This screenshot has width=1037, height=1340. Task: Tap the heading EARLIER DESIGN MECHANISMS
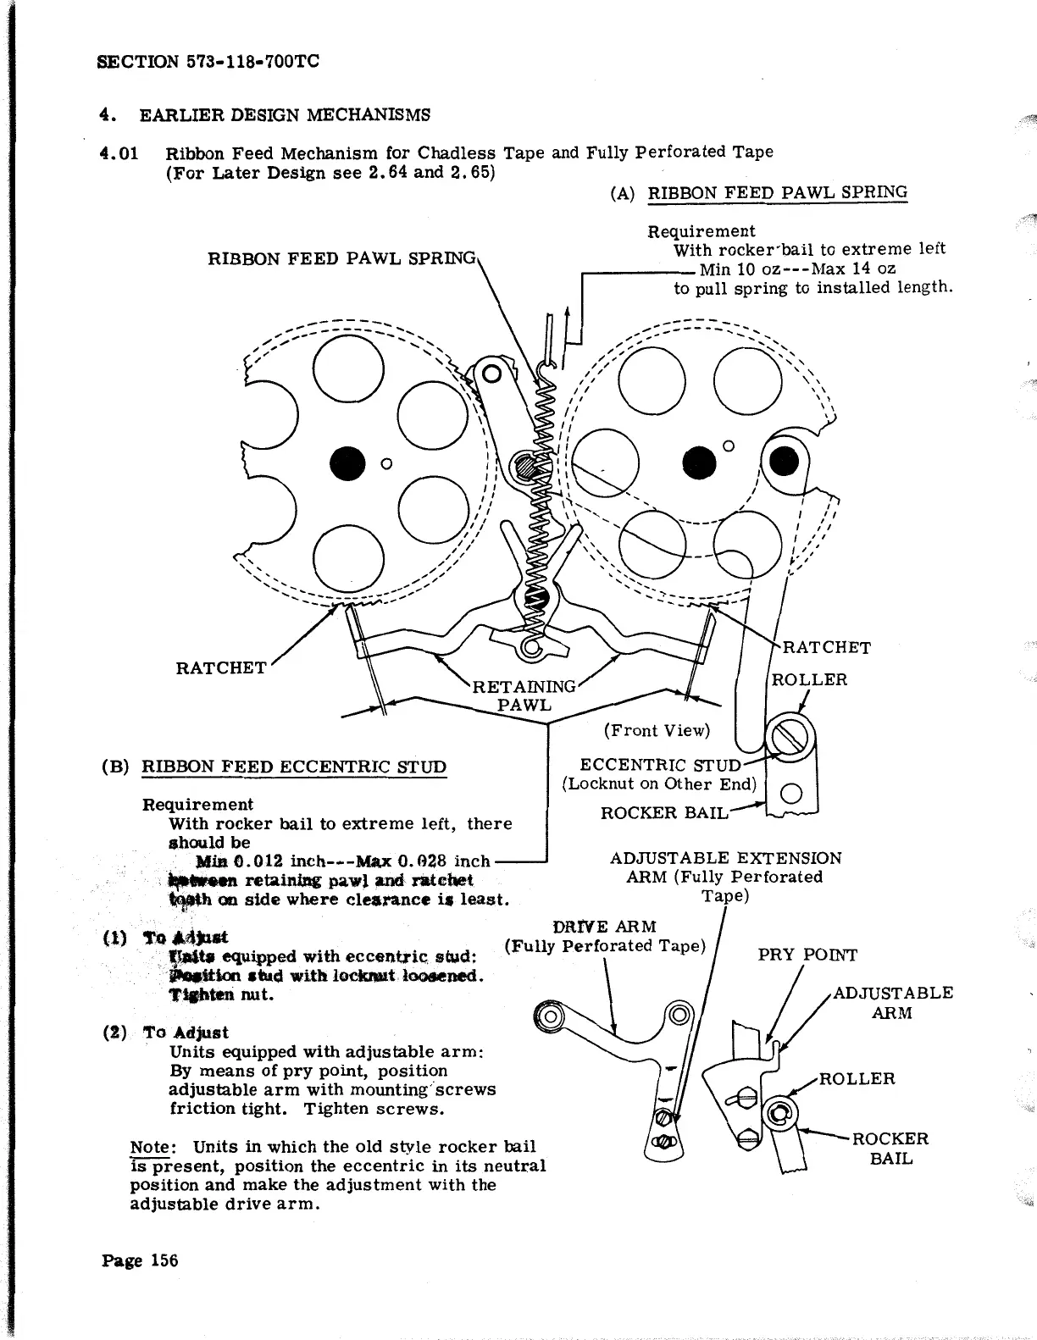[285, 114]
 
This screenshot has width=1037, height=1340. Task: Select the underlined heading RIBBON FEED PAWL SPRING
[777, 192]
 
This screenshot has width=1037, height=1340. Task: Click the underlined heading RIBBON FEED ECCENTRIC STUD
[293, 767]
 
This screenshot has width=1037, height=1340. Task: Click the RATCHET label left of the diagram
[220, 667]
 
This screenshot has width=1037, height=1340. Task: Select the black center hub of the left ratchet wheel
[347, 462]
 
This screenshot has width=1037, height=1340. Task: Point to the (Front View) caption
[657, 730]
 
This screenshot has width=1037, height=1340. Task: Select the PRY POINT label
[807, 955]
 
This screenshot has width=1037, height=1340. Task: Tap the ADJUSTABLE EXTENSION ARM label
[725, 876]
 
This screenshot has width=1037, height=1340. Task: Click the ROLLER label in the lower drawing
[857, 1078]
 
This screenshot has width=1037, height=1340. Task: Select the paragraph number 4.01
[117, 153]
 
